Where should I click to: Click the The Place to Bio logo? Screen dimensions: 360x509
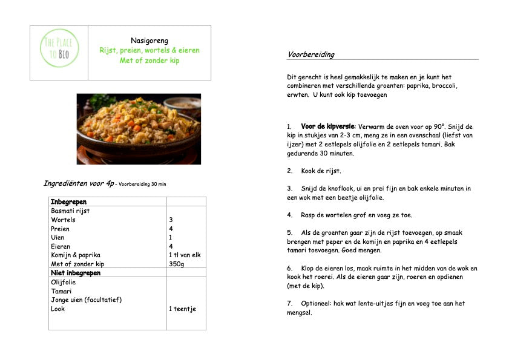click(x=59, y=52)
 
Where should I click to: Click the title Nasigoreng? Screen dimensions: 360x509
click(x=149, y=40)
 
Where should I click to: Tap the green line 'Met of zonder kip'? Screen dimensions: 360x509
click(x=149, y=61)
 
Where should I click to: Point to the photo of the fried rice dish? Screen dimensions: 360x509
click(x=139, y=128)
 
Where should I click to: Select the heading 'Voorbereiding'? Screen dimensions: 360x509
click(x=310, y=54)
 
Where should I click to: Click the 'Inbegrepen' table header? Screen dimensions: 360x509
click(x=68, y=201)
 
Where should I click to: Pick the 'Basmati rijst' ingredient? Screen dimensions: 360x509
click(x=70, y=211)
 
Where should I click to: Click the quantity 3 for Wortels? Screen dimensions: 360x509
click(x=171, y=220)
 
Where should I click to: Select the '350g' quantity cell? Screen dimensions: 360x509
click(x=177, y=264)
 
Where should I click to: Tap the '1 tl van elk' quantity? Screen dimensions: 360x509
click(x=184, y=255)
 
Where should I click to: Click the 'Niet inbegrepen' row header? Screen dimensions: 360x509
click(x=76, y=273)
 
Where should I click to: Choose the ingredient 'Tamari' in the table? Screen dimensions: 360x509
click(x=61, y=291)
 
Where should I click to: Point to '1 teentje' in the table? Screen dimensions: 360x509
click(x=182, y=309)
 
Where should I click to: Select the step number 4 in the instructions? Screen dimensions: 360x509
click(x=289, y=215)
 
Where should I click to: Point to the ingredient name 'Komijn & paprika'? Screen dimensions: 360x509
click(x=76, y=255)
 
